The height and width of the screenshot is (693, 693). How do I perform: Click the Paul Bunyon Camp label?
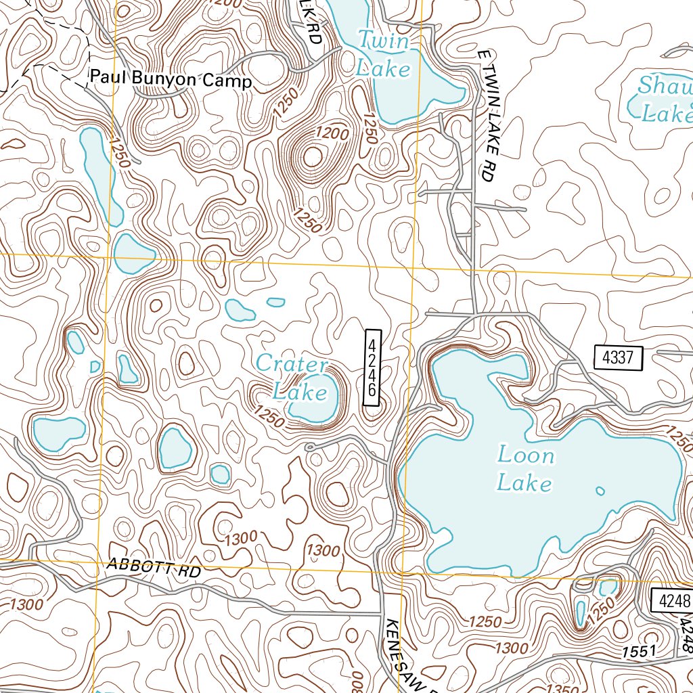pyautogui.click(x=171, y=82)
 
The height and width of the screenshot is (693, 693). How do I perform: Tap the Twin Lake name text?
pyautogui.click(x=384, y=55)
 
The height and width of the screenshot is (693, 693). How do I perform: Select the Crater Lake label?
pyautogui.click(x=292, y=378)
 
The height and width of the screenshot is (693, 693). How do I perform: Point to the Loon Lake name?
pyautogui.click(x=526, y=469)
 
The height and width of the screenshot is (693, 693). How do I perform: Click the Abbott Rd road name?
pyautogui.click(x=154, y=568)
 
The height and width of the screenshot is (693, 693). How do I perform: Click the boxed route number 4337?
pyautogui.click(x=617, y=357)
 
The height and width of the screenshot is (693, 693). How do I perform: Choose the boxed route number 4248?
pyautogui.click(x=672, y=600)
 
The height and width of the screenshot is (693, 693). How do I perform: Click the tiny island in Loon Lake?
pyautogui.click(x=599, y=491)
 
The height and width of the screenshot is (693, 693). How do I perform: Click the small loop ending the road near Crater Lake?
pyautogui.click(x=309, y=447)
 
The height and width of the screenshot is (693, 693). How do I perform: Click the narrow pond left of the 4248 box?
pyautogui.click(x=580, y=612)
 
